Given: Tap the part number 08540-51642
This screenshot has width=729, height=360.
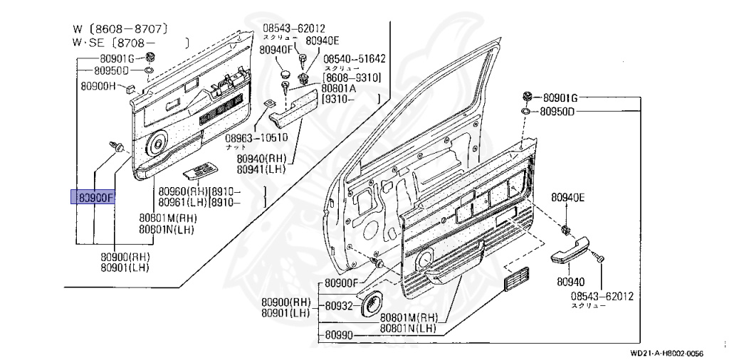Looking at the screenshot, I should coord(354,59).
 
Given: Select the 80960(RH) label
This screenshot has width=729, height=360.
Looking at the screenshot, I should coord(182,191).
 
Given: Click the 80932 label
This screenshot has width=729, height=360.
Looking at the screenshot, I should coord(339,306).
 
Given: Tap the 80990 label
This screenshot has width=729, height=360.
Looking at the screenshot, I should coord(339,334).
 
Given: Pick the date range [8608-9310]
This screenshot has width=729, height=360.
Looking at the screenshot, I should coord(352,78).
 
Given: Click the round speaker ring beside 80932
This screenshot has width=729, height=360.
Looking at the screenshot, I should coord(371,305).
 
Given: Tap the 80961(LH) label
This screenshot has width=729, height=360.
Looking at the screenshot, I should coord(182,203).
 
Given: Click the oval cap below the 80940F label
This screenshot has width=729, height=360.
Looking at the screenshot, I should coord(283,72).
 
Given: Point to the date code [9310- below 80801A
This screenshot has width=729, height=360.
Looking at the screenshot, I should coord(341,100).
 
